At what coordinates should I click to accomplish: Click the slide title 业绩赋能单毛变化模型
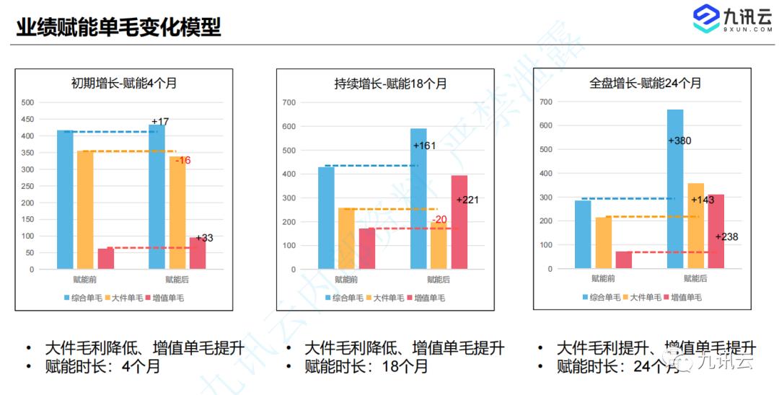[x=118, y=27]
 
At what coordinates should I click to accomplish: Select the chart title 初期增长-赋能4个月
[x=124, y=83]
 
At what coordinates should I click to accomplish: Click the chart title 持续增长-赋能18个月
[x=385, y=84]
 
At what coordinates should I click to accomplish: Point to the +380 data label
[x=679, y=141]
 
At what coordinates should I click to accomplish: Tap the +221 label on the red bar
[x=467, y=200]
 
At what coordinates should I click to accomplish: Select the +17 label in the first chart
[x=159, y=121]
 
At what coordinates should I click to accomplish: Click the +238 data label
[x=726, y=236]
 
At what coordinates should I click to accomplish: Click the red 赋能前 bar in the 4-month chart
[x=106, y=259]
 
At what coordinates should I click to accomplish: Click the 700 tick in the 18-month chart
[x=289, y=103]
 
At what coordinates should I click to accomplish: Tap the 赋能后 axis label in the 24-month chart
[x=695, y=278]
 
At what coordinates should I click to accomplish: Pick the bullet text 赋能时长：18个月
[x=366, y=367]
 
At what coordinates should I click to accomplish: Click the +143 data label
[x=703, y=200]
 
